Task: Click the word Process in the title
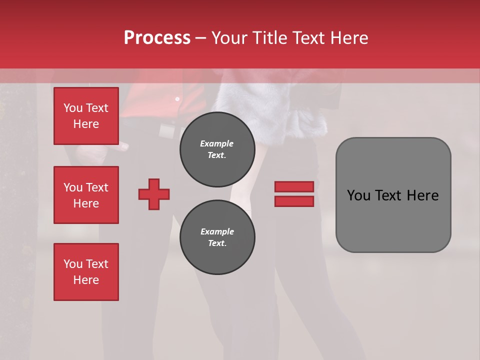pos(157,38)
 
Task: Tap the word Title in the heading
pos(270,38)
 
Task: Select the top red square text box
pos(86,116)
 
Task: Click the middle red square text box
pos(86,195)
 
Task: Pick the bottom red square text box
pos(86,272)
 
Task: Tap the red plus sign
pos(154,194)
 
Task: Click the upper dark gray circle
pos(217,149)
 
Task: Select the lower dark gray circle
pos(217,237)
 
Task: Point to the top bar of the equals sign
pos(294,186)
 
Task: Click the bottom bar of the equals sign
pos(294,201)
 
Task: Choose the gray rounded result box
pos(393,195)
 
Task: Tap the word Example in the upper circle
pos(217,143)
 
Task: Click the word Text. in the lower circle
pos(217,243)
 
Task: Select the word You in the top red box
pos(73,108)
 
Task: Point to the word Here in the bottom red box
pos(86,280)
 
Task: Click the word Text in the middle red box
pos(97,187)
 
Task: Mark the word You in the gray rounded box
pos(358,195)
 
